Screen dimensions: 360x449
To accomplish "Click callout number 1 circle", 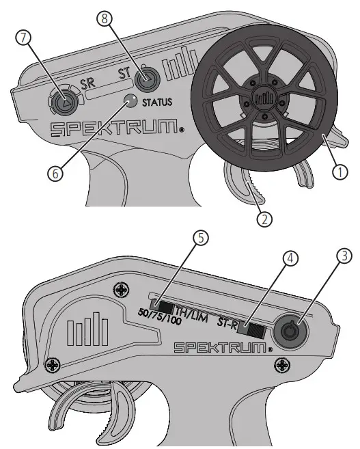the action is pos(340,172).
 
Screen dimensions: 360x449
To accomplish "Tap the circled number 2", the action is pos(264,219).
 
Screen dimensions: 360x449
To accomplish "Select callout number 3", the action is pos(344,256).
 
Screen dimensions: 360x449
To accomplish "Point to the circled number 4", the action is pos(290,258).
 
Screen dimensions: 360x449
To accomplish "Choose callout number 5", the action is pos(201,239).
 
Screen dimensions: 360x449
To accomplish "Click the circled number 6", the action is pos(55,174).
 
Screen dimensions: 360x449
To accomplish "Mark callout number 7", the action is pos(24,38).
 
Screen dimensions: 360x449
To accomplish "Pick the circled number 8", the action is pos(105,19).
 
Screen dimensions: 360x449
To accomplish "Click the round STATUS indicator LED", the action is pos(131,100).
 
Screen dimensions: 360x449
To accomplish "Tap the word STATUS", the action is pos(157,103).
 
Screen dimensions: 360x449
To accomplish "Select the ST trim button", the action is pos(147,78).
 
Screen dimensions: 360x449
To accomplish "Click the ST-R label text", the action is pos(227,321).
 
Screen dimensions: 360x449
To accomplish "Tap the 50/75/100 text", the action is pos(159,316).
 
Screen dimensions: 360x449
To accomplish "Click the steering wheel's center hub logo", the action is pos(264,98).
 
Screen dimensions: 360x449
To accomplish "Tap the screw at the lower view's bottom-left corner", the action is pos(53,365).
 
